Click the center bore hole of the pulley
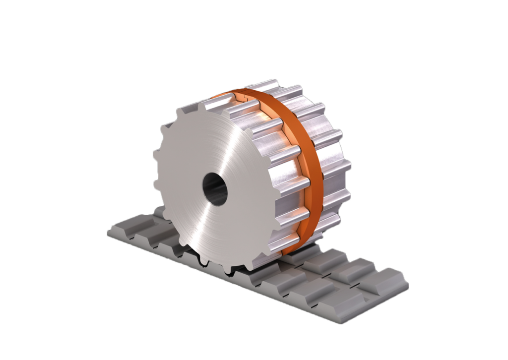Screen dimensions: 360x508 tap(215, 188)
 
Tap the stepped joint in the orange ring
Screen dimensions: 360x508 tap(247, 100)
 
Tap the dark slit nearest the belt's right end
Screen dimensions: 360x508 tap(352, 287)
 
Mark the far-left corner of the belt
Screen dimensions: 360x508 tap(108, 233)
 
